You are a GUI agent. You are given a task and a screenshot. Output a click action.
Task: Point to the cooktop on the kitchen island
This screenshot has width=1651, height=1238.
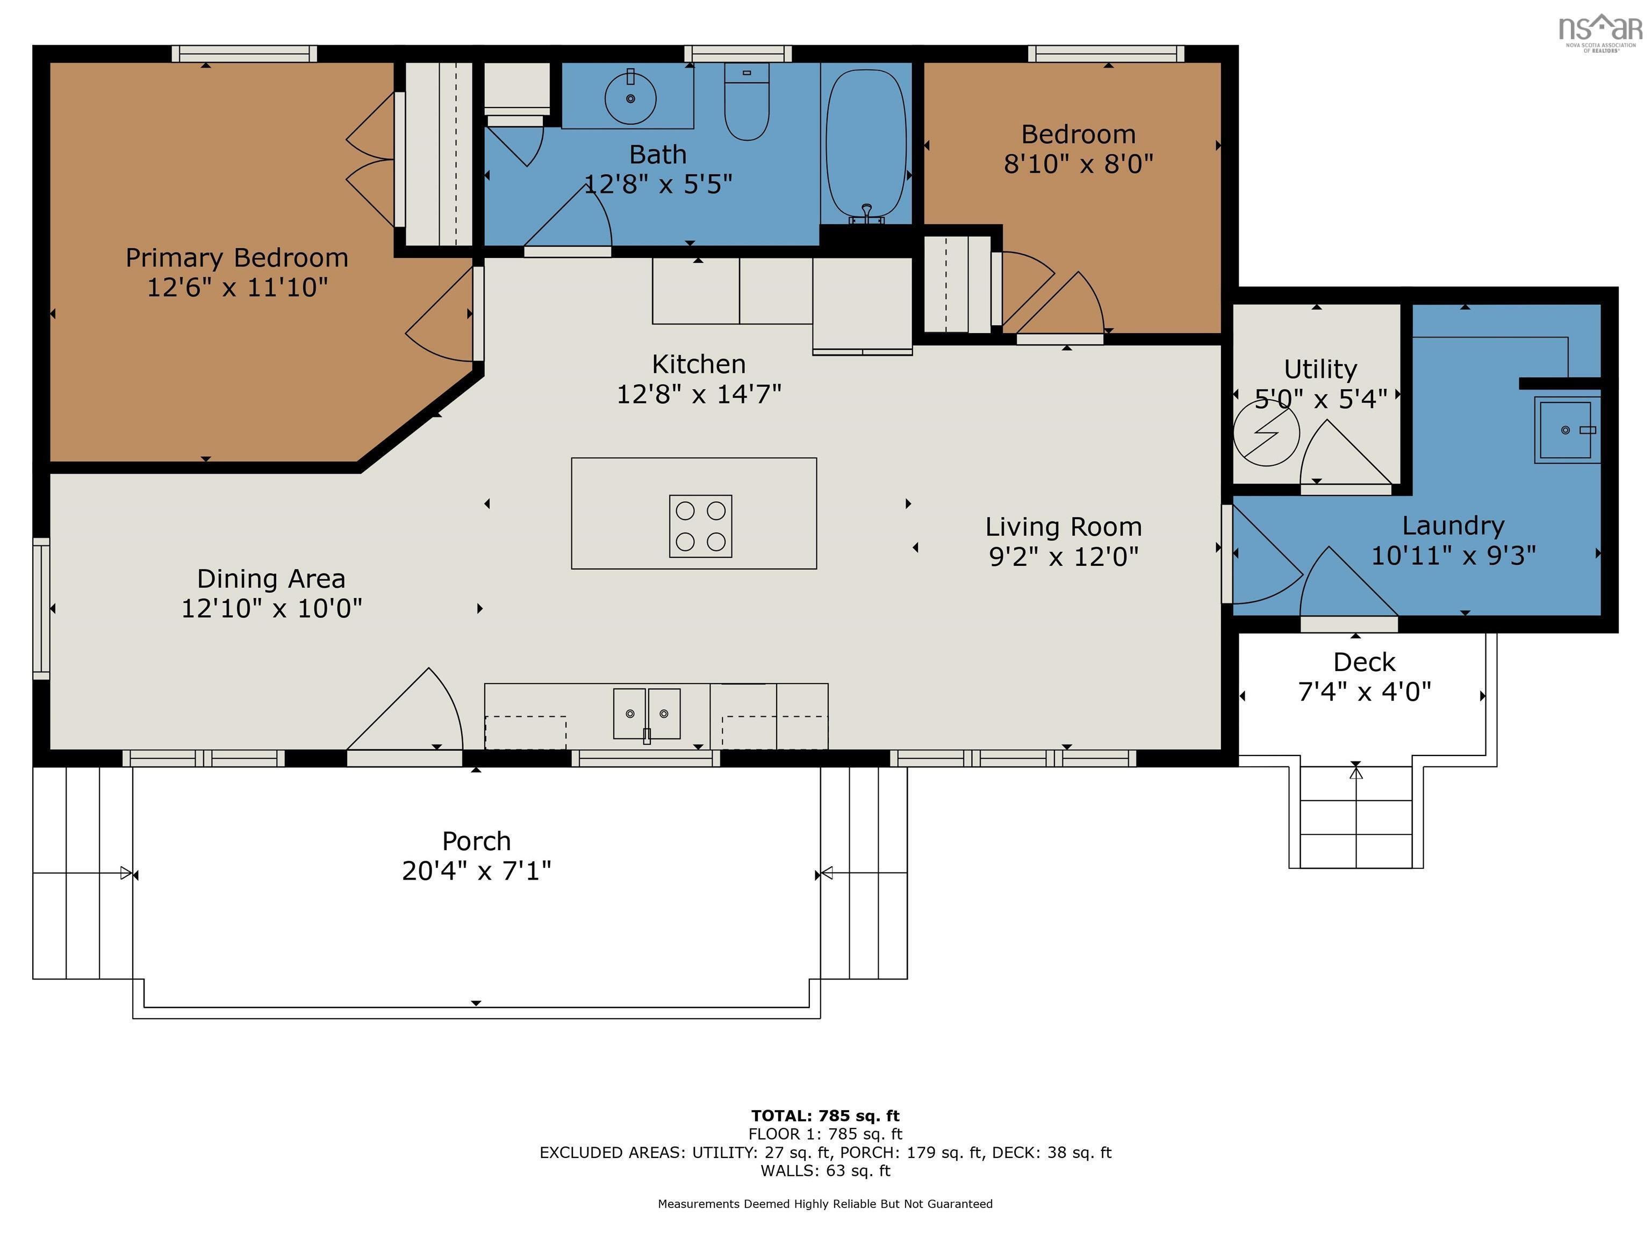(x=700, y=526)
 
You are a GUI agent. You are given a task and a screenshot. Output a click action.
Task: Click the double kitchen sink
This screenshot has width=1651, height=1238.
(x=647, y=714)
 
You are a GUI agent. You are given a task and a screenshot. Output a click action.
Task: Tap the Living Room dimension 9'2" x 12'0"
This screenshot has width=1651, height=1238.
(x=1063, y=557)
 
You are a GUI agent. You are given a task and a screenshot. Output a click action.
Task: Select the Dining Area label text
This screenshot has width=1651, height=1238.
(x=271, y=579)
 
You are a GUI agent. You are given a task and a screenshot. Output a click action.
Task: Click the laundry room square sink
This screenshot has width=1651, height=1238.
(x=1565, y=430)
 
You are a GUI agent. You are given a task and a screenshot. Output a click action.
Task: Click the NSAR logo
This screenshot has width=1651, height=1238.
(x=1600, y=30)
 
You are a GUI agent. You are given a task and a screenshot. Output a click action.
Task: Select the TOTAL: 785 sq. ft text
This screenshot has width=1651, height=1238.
(x=825, y=1115)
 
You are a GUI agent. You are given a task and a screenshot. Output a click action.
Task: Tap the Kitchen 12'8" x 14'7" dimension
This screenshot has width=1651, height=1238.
(x=698, y=394)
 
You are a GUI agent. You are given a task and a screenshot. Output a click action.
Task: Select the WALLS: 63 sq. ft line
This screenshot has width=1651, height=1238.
(x=825, y=1171)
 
